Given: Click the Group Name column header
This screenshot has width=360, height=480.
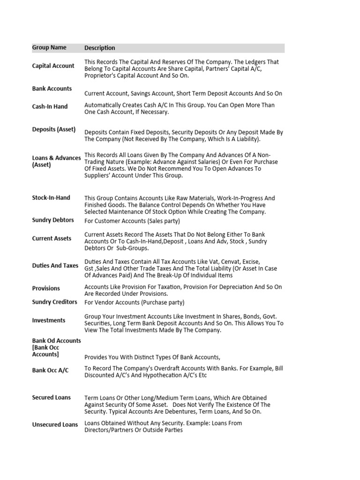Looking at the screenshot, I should (49, 48).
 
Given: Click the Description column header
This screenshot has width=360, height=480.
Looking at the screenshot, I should (99, 48).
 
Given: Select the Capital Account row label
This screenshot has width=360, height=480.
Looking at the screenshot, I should (53, 66).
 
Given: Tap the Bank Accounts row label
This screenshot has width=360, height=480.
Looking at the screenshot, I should (52, 89).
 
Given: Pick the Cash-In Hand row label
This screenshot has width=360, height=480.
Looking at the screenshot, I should (50, 107).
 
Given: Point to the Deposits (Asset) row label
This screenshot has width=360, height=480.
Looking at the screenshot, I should (54, 129).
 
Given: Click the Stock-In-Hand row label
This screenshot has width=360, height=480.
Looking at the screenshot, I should (51, 198).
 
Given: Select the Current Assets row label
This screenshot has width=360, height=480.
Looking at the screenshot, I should (52, 239).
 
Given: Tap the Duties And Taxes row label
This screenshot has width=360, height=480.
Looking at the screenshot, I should (55, 266).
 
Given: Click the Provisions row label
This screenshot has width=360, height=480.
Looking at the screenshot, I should (46, 288).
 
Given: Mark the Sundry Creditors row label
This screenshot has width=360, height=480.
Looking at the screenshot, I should (54, 302).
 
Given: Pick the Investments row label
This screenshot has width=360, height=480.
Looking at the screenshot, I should (49, 321).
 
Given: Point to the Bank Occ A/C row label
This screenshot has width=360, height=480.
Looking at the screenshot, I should (50, 371).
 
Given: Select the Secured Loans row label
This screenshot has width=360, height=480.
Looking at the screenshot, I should (52, 397).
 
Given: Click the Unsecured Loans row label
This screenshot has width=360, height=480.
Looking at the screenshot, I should (55, 425).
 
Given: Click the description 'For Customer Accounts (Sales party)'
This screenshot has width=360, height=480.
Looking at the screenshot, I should (132, 221).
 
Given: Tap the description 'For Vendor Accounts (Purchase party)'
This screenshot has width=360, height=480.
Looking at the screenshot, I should (134, 303).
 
